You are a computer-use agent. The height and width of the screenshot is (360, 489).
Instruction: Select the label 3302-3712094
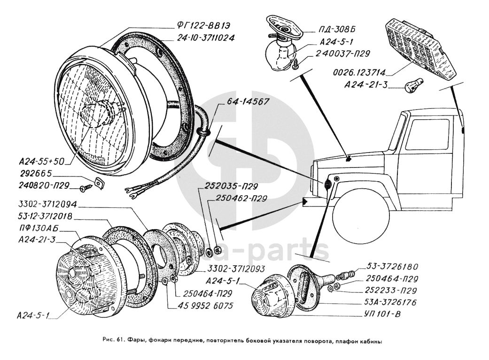click(48, 206)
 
